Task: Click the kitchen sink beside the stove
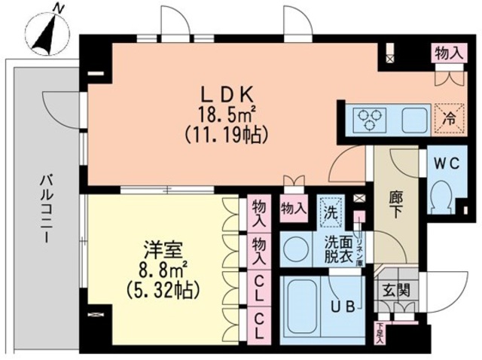[414, 118]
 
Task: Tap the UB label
[346, 307]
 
